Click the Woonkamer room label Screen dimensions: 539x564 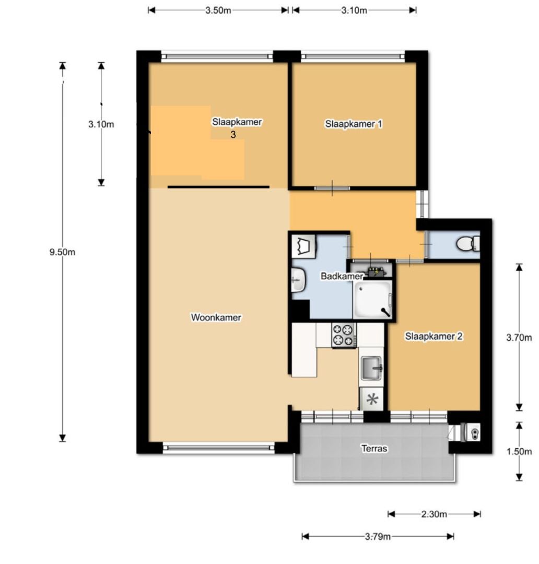coord(216,318)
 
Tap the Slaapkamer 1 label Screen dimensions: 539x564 coord(354,124)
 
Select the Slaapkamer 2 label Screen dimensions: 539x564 coord(433,336)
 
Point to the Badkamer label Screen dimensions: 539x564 coord(342,276)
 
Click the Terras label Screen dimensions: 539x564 coord(374,449)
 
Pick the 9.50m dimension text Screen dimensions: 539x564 coord(62,252)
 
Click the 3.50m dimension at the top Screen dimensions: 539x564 coord(218,10)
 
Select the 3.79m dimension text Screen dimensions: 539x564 coord(378,537)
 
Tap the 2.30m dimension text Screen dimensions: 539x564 coord(434,514)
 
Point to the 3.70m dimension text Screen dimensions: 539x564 coord(519,337)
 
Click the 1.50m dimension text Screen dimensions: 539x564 coord(519,451)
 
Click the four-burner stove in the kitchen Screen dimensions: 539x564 coord(344,335)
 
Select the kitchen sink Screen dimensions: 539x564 coord(371,368)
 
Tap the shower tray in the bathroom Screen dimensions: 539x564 coord(372,300)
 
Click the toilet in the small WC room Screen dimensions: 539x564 coord(468,244)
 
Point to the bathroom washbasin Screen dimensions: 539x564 coord(298,280)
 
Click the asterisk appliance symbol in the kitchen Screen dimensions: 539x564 coord(372,399)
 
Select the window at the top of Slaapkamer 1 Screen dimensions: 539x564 coord(353,56)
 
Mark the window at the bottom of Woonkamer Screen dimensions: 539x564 coord(219,448)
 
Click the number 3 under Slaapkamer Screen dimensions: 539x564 coord(233,135)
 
